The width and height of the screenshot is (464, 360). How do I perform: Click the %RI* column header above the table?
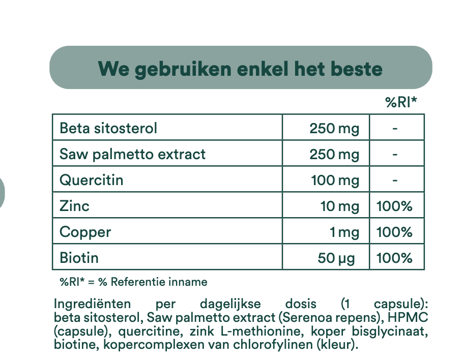(401, 102)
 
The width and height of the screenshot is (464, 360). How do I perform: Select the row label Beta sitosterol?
(108, 128)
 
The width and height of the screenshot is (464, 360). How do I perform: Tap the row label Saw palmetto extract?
(133, 155)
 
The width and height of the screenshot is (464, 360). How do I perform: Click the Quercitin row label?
(92, 180)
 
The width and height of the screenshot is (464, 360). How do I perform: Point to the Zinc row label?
(74, 206)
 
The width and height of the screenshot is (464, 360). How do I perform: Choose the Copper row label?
(85, 232)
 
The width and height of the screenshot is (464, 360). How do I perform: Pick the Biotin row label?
(79, 258)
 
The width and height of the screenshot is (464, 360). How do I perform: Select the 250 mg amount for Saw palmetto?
(334, 155)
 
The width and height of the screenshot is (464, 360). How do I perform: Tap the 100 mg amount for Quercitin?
(335, 181)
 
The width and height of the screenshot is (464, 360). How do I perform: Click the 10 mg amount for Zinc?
(340, 206)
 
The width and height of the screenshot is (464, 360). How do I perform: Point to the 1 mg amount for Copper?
(344, 232)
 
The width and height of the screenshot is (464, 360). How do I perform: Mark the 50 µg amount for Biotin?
(336, 258)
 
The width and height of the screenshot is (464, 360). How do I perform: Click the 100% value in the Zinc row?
(394, 206)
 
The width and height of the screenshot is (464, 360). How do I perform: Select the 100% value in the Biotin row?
(394, 258)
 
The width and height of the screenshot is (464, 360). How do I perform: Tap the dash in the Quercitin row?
(395, 180)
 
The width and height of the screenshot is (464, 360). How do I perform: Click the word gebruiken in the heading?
(183, 70)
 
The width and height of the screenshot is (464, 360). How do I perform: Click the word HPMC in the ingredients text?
(408, 317)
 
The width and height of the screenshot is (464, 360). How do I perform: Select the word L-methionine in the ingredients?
(262, 331)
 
